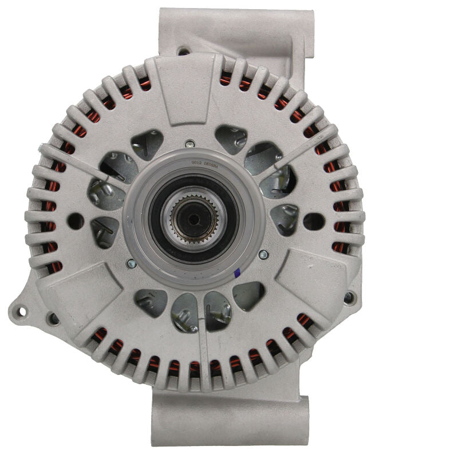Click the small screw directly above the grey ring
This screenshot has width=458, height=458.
click(x=189, y=144)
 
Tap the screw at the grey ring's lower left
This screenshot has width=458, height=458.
click(x=132, y=263)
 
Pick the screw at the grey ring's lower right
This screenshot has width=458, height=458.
click(x=263, y=255)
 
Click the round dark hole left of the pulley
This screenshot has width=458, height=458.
click(x=76, y=222)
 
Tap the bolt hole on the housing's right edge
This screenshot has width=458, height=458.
click(x=348, y=297)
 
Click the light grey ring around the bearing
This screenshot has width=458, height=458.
click(x=137, y=229)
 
